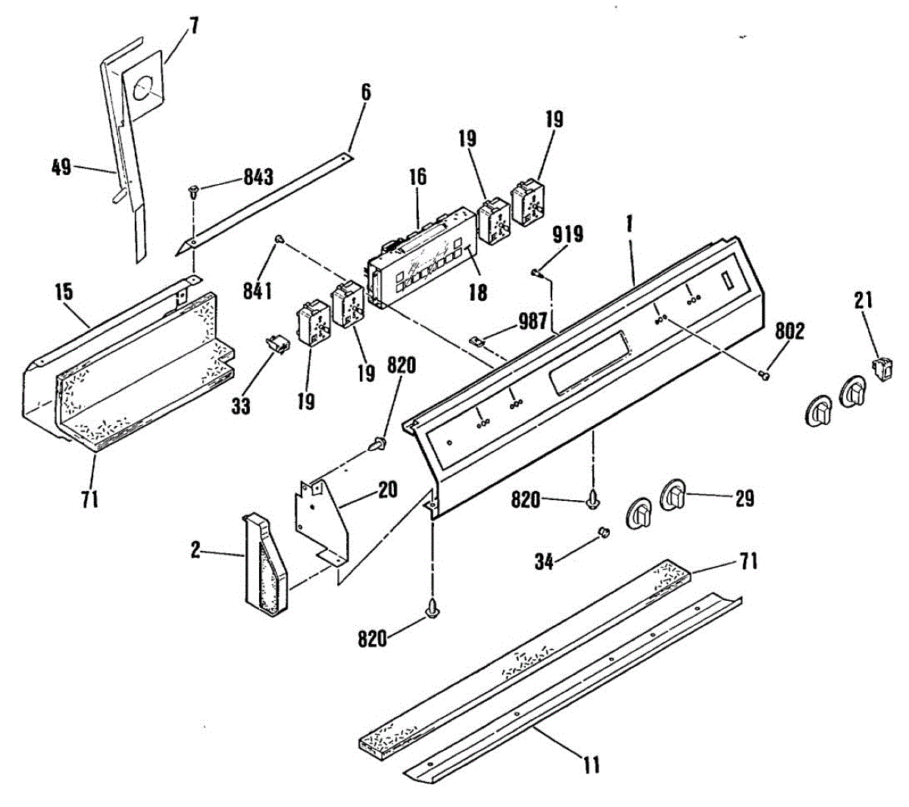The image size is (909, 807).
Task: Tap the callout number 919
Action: pos(567,235)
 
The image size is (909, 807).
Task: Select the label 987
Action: pos(533,322)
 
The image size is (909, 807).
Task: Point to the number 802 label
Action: pos(789,331)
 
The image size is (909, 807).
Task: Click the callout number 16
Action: pos(417,177)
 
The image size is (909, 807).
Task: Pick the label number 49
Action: pos(61,167)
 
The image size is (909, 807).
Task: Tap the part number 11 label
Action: pos(591,765)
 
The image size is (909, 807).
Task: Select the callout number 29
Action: pos(744,498)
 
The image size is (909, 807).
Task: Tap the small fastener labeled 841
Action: pos(280,239)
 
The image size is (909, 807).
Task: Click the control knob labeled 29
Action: pos(674,496)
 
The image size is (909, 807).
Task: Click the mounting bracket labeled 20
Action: pos(322,519)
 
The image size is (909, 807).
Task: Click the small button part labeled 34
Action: pos(604,533)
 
